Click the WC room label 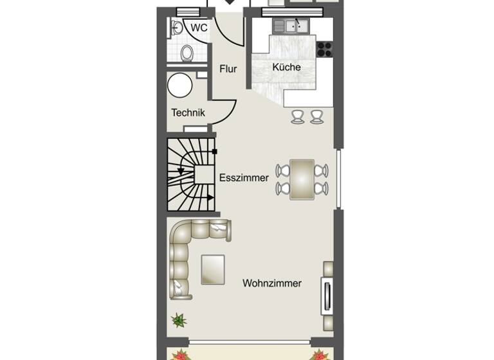(x=199, y=28)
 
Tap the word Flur (x=228, y=69)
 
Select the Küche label (x=286, y=67)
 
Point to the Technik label (x=188, y=113)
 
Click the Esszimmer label (x=244, y=178)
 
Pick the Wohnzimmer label (x=272, y=283)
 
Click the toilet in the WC (x=187, y=53)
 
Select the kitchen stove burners (x=324, y=49)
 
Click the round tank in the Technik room (x=180, y=84)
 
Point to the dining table (x=302, y=179)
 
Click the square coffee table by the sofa (x=213, y=269)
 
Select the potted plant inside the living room (x=177, y=319)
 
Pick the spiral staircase (x=191, y=174)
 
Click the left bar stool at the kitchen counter (x=298, y=116)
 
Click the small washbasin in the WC (x=175, y=27)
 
